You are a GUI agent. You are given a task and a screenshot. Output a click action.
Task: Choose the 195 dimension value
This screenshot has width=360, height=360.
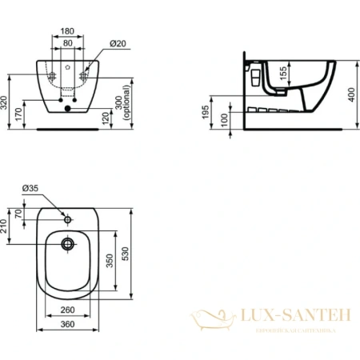pyautogui.click(x=207, y=113)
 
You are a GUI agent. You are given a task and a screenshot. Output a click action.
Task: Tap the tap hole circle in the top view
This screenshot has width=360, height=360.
pyautogui.click(x=69, y=214)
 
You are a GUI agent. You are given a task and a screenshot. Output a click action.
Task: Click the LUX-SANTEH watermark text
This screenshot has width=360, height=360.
pyautogui.click(x=294, y=317)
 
